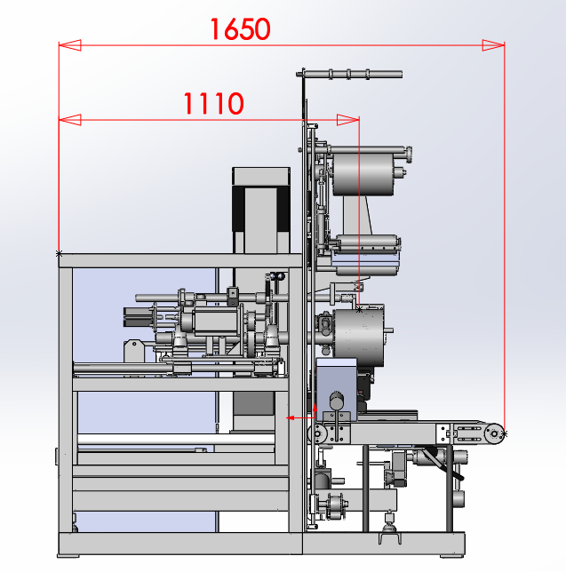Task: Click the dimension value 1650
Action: pos(240,29)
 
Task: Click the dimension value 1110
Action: pos(213,103)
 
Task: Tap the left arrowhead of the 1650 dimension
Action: pos(69,45)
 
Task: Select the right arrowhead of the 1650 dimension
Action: pos(493,45)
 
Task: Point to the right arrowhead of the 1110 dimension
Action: pos(348,120)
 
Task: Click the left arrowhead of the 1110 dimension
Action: pos(69,120)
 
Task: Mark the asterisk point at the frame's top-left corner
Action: pos(59,253)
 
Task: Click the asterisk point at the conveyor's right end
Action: pos(505,433)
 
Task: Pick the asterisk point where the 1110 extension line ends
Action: pos(360,310)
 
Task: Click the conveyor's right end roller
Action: pos(494,433)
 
